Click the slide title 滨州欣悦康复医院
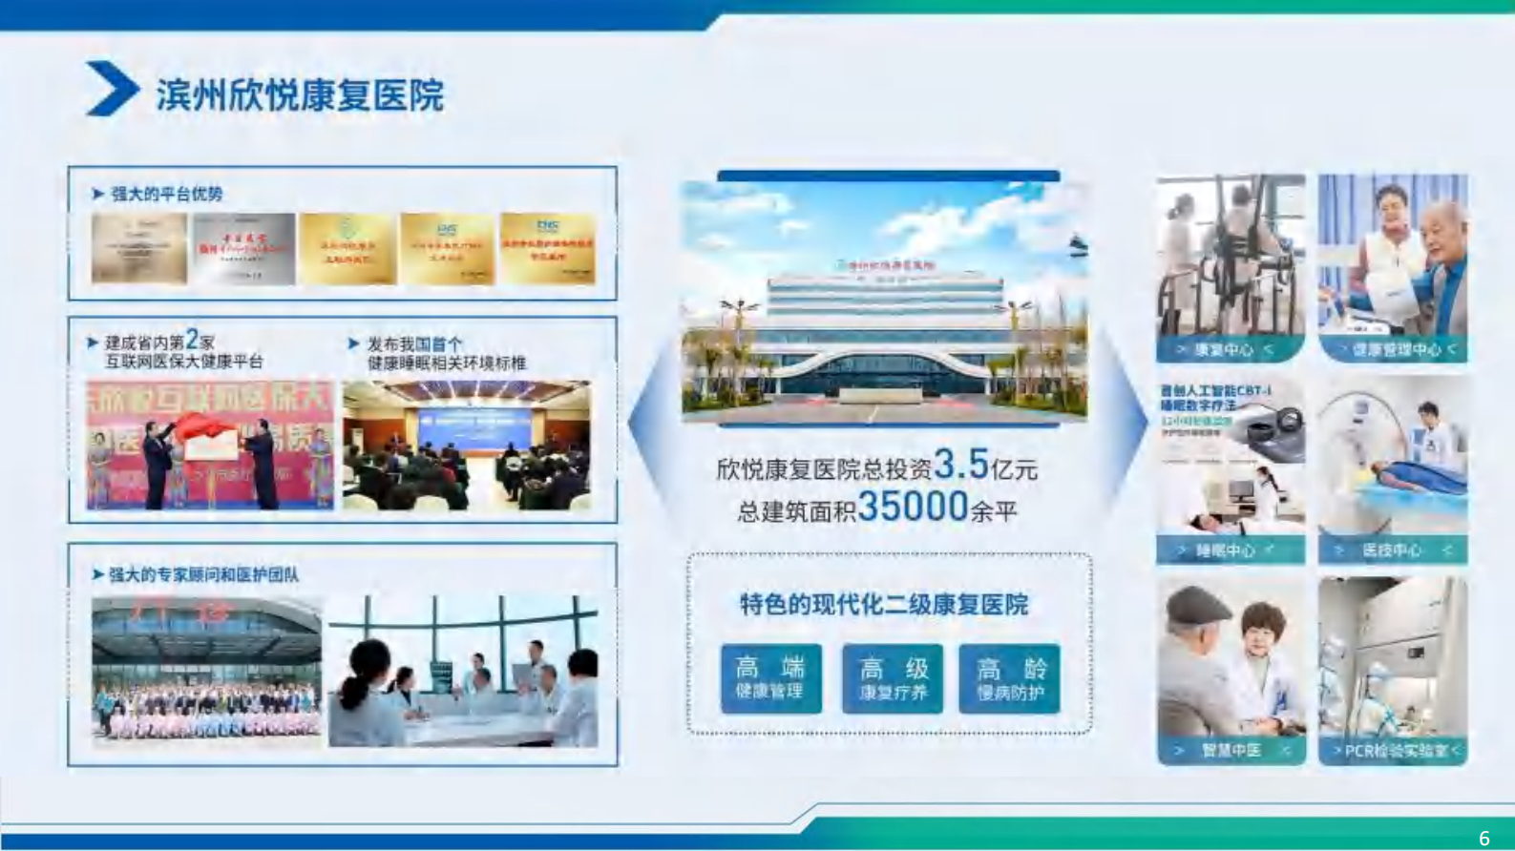[300, 95]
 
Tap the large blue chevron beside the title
[112, 89]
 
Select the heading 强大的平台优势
[166, 194]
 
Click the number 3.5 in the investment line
[961, 465]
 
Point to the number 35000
[913, 507]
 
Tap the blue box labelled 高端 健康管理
[770, 678]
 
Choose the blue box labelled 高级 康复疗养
[893, 678]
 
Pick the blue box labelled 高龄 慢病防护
[1010, 678]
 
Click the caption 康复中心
[1224, 350]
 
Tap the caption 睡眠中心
[1226, 550]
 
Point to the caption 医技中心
[1392, 550]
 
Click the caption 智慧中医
[1231, 751]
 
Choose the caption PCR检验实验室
[1395, 751]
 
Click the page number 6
[1483, 838]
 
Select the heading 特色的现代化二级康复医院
[884, 605]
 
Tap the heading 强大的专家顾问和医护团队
[203, 574]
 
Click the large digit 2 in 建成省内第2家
[192, 339]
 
